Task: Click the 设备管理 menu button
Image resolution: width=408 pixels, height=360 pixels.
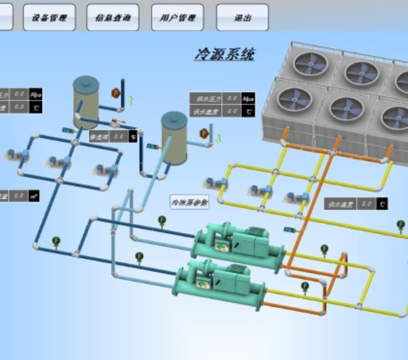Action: click(49, 18)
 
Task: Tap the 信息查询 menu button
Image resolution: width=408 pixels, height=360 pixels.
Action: click(113, 18)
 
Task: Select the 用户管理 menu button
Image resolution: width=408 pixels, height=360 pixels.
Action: click(177, 18)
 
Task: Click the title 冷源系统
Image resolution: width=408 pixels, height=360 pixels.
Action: click(224, 55)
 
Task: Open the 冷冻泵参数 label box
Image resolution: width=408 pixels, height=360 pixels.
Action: click(190, 202)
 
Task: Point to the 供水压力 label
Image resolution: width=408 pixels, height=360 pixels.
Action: click(206, 98)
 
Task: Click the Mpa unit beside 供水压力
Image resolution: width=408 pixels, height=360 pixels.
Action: click(248, 98)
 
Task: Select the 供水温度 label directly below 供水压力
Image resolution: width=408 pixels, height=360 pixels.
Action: click(206, 112)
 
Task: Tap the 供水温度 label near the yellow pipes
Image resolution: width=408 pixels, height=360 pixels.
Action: click(340, 204)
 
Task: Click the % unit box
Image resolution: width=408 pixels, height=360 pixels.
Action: click(133, 136)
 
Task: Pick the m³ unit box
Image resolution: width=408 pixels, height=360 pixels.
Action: click(35, 196)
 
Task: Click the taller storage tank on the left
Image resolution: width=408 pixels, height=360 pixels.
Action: click(86, 102)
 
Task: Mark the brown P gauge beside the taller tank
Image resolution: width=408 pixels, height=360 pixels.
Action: click(116, 92)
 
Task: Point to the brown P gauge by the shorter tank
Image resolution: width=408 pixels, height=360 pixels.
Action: click(203, 134)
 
